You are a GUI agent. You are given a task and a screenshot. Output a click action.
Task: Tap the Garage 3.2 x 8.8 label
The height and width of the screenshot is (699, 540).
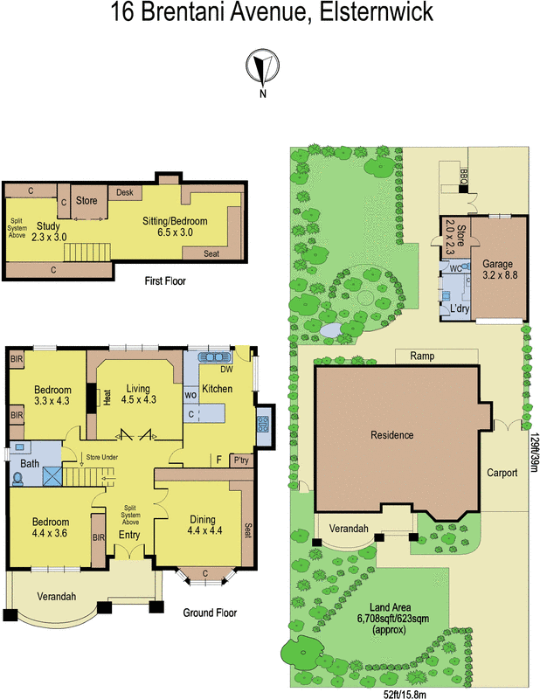point(500,269)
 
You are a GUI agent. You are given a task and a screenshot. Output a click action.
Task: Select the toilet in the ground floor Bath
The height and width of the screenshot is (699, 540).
point(17,479)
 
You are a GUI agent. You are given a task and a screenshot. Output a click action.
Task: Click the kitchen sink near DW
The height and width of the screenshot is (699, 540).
point(215,357)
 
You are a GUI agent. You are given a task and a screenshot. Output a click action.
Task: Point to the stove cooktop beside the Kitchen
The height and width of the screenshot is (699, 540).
point(263,424)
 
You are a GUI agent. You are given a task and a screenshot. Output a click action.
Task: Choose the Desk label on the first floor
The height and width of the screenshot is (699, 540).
point(125,192)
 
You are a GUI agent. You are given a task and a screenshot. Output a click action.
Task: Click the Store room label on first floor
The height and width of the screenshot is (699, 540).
point(87,201)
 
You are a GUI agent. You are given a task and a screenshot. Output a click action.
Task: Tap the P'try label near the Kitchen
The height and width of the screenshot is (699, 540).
point(241,460)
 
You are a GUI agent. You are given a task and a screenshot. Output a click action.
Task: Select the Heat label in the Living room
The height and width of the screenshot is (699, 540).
point(107,398)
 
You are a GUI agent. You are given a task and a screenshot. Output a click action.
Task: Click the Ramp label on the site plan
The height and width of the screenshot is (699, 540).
point(422,356)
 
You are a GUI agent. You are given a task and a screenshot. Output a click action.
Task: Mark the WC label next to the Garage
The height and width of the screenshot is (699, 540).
point(456,268)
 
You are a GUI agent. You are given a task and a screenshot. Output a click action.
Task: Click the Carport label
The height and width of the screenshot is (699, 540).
point(502,473)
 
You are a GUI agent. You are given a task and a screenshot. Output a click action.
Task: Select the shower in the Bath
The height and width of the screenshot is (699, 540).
point(52,476)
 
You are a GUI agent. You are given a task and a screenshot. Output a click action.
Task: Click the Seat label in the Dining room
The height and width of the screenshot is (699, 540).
point(248,529)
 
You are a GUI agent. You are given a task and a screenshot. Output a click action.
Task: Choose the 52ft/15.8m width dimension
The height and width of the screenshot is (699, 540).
point(405,694)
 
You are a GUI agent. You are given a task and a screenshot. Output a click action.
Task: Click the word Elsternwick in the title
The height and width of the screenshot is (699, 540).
point(376,11)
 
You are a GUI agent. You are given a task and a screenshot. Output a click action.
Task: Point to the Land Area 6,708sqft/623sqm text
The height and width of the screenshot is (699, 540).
point(391,619)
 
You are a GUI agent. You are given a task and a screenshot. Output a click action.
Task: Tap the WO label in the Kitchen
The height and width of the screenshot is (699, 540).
point(190,395)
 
